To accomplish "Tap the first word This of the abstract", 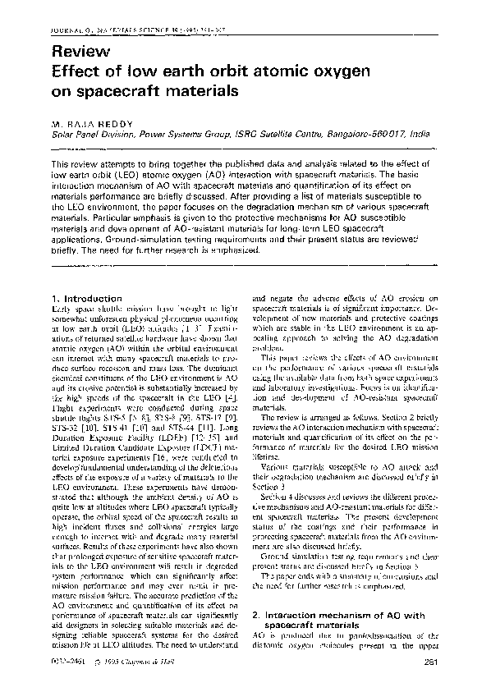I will click(62, 164).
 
